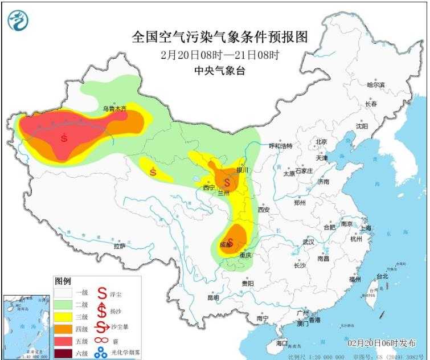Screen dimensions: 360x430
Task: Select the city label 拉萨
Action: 119,246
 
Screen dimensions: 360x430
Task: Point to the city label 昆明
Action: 213,297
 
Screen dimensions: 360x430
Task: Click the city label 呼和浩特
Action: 280,146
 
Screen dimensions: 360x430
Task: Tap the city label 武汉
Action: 309,242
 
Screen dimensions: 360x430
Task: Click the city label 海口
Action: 282,344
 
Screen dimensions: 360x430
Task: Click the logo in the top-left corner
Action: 18,21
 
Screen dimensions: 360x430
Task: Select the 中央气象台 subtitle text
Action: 219,72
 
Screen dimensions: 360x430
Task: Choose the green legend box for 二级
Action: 63,304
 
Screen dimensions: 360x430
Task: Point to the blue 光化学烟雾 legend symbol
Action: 101,354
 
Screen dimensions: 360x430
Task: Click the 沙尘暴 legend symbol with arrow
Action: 101,326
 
